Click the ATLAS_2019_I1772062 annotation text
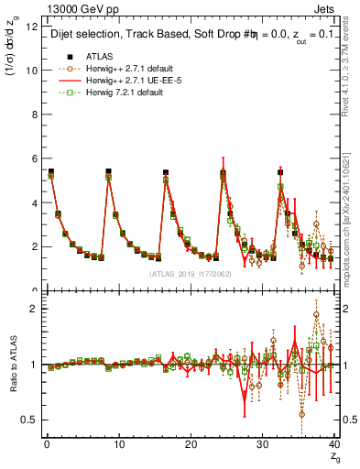coord(190,274)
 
